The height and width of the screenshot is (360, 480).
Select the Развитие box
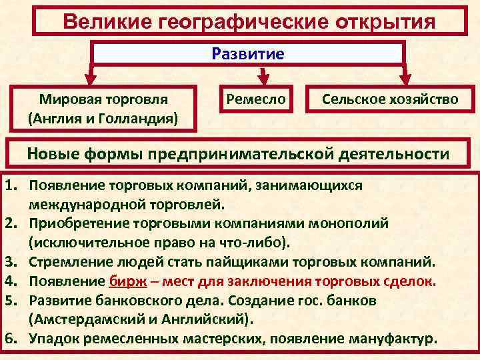pyautogui.click(x=248, y=53)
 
